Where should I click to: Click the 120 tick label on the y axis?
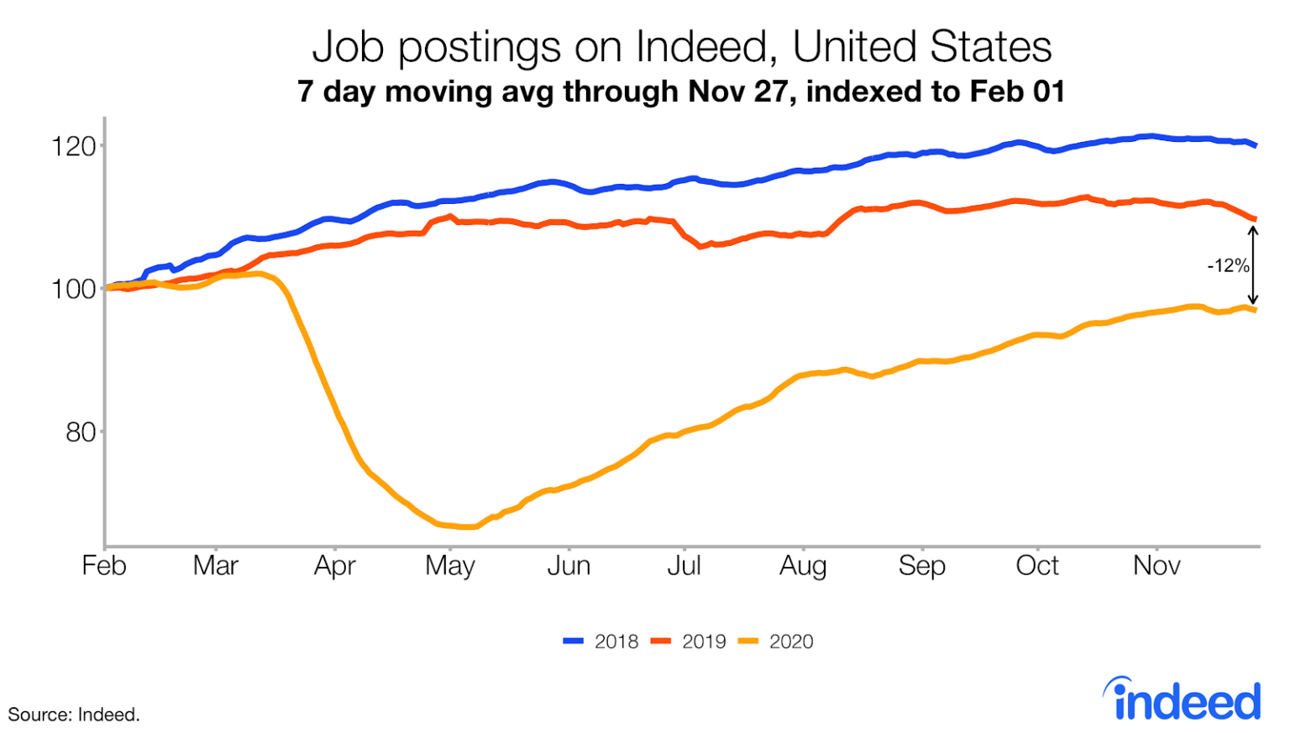(x=73, y=147)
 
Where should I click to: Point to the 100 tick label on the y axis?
(x=73, y=290)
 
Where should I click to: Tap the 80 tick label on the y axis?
(x=80, y=432)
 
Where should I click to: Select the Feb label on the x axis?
(x=104, y=566)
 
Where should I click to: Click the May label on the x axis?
(x=450, y=566)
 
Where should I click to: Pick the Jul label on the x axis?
(x=684, y=566)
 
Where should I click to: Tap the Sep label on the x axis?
(x=921, y=566)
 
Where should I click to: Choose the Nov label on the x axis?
(x=1156, y=566)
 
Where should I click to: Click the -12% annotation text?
(x=1228, y=266)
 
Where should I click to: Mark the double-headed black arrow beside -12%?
(x=1252, y=265)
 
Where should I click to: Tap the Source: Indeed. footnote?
(x=74, y=715)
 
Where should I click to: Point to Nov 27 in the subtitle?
(x=742, y=92)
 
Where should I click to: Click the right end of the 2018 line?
(x=1256, y=145)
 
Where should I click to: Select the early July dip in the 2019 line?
(x=700, y=247)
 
